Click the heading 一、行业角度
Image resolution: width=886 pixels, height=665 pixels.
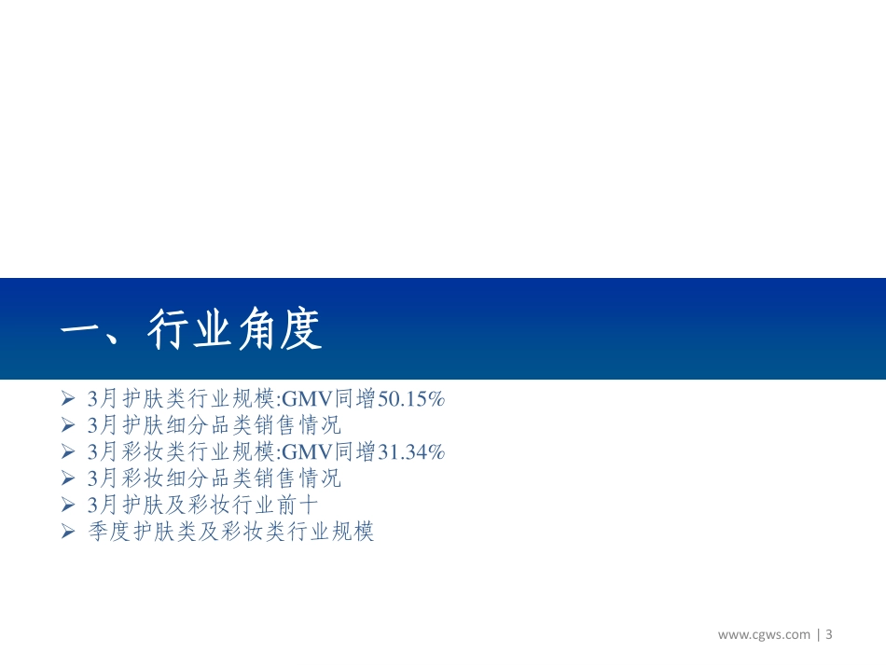click(x=191, y=330)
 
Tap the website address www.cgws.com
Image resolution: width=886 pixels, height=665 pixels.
click(x=764, y=635)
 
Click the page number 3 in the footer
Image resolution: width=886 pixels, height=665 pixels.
click(x=828, y=635)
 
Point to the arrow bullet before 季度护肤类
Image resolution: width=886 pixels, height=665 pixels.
click(x=67, y=533)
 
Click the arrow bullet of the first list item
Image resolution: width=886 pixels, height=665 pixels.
click(x=67, y=399)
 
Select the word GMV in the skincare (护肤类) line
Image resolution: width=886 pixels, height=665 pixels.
click(x=300, y=399)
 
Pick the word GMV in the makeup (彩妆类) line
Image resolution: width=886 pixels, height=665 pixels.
click(x=300, y=452)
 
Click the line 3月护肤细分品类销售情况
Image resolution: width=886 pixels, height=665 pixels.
click(x=214, y=426)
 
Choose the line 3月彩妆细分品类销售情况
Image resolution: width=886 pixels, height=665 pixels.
click(x=214, y=479)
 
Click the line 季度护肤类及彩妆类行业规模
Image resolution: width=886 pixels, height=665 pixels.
click(x=229, y=533)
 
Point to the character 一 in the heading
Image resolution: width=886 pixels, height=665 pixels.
click(x=79, y=330)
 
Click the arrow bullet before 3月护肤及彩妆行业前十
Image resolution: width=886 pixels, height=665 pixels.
click(x=67, y=506)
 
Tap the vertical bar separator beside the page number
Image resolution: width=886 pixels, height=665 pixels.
click(x=818, y=635)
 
